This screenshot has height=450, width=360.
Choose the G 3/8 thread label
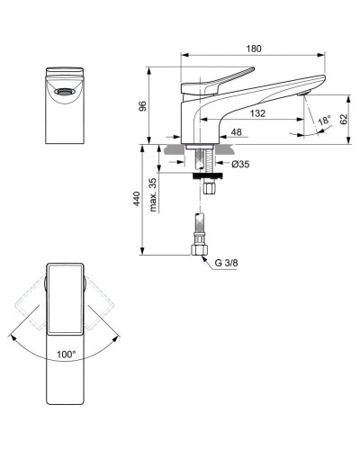click(227, 262)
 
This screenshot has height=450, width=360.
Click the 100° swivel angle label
click(65, 355)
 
